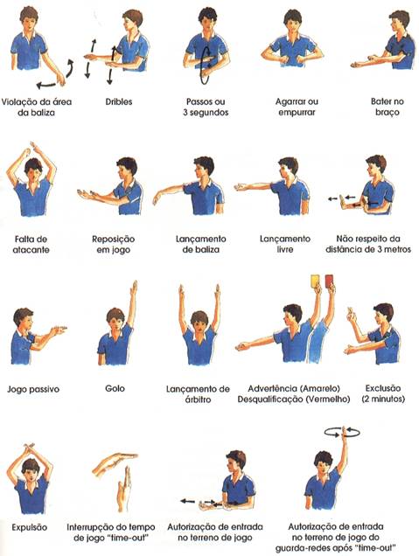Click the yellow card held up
[x=315, y=281]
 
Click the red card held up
[x=329, y=280]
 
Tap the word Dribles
[x=119, y=101]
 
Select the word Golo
[x=115, y=388]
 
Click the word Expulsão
[x=30, y=527]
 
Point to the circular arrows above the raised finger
[x=342, y=432]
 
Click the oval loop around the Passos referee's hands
[x=206, y=66]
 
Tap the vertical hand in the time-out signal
[x=124, y=490]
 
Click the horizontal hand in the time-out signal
[x=115, y=463]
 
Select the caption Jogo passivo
[x=33, y=389]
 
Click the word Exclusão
[x=383, y=388]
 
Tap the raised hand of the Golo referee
[x=134, y=288]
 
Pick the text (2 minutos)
[x=383, y=399]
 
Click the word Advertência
[x=273, y=388]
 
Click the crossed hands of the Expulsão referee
[x=28, y=448]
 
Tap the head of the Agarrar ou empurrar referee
[x=293, y=21]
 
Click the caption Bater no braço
[x=387, y=107]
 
